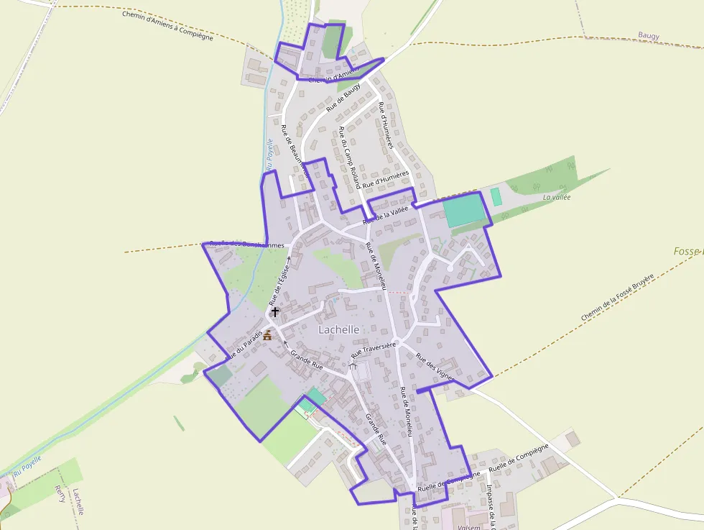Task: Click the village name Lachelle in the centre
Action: (x=338, y=329)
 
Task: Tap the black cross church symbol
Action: (x=274, y=313)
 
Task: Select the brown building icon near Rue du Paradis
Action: (x=267, y=335)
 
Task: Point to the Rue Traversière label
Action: (x=374, y=351)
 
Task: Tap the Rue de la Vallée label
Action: (x=385, y=214)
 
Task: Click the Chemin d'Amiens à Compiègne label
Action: (x=167, y=25)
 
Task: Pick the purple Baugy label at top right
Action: (x=648, y=35)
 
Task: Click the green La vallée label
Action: (x=556, y=197)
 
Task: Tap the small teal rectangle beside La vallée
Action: (x=496, y=196)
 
